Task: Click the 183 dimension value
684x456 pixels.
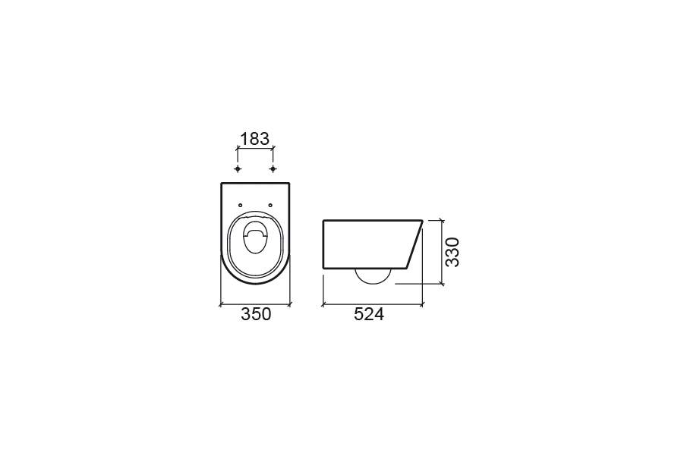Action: click(255, 139)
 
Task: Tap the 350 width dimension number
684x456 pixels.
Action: click(256, 314)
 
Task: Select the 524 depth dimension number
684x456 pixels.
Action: click(369, 314)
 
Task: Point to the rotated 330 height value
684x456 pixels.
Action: click(452, 252)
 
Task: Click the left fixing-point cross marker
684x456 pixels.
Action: click(238, 168)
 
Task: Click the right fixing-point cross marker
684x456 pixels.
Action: click(273, 168)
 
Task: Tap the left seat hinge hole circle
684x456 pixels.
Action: click(241, 205)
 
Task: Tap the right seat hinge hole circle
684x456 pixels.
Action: click(270, 205)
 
